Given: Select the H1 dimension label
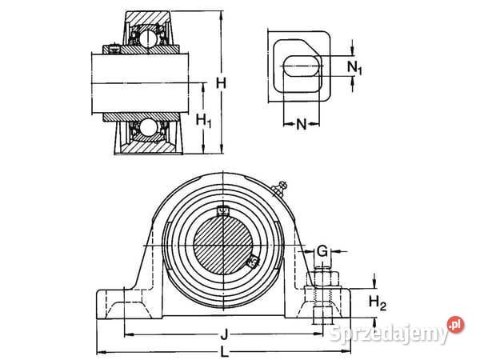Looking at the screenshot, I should (x=203, y=121).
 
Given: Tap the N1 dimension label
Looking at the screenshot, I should (x=358, y=69).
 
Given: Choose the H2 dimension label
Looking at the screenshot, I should (x=378, y=302).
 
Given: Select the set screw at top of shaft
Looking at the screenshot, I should (x=223, y=211).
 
